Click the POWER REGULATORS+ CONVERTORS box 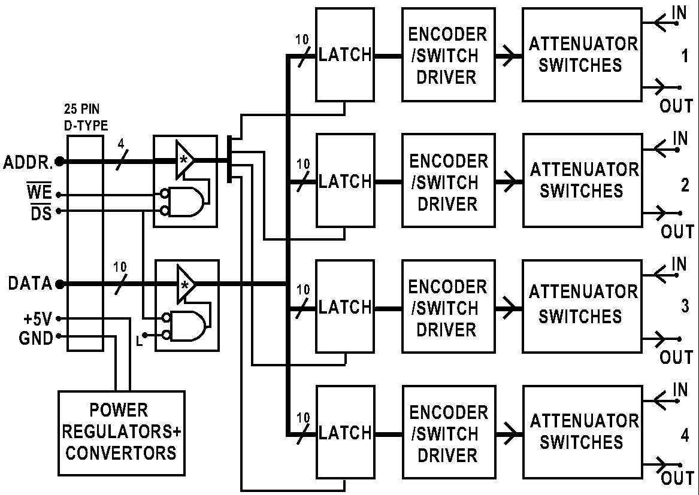pyautogui.click(x=121, y=432)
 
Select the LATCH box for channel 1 pyautogui.click(x=344, y=54)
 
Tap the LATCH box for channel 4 pyautogui.click(x=344, y=432)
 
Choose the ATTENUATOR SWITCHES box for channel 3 pyautogui.click(x=581, y=306)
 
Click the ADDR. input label pyautogui.click(x=28, y=162)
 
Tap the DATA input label pyautogui.click(x=30, y=284)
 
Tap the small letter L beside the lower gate pyautogui.click(x=139, y=342)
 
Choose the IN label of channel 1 pyautogui.click(x=679, y=13)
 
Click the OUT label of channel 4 pyautogui.click(x=677, y=478)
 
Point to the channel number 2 pyautogui.click(x=685, y=185)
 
